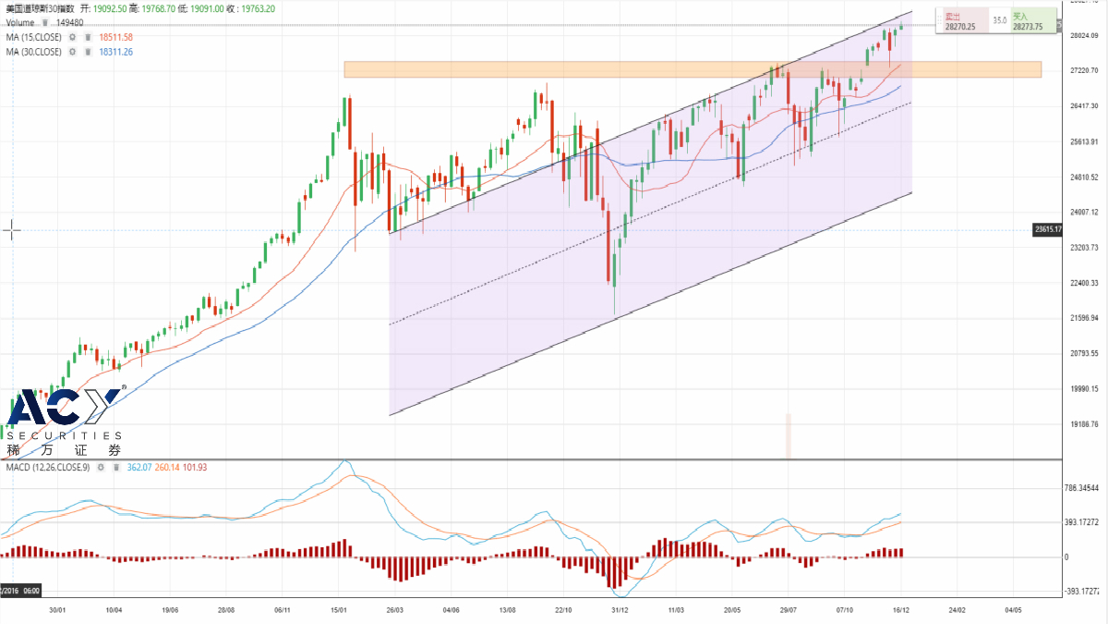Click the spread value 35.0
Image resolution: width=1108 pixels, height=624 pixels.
[999, 19]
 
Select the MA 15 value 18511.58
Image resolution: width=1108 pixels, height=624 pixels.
[116, 37]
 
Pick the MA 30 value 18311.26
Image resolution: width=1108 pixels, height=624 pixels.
[116, 52]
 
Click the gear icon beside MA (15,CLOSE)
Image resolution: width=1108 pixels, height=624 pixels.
[72, 37]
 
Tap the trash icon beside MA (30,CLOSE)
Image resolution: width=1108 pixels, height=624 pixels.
[87, 52]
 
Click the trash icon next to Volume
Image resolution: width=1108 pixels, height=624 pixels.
[44, 22]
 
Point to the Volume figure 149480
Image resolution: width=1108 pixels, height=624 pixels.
[70, 22]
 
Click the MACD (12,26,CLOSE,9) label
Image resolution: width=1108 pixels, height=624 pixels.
[47, 468]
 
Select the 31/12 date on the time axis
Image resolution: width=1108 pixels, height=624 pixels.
[620, 610]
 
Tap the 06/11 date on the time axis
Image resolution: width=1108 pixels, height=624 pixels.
[283, 610]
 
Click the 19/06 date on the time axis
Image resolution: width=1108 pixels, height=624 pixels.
[170, 610]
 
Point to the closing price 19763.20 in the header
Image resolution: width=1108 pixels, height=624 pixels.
[256, 8]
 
